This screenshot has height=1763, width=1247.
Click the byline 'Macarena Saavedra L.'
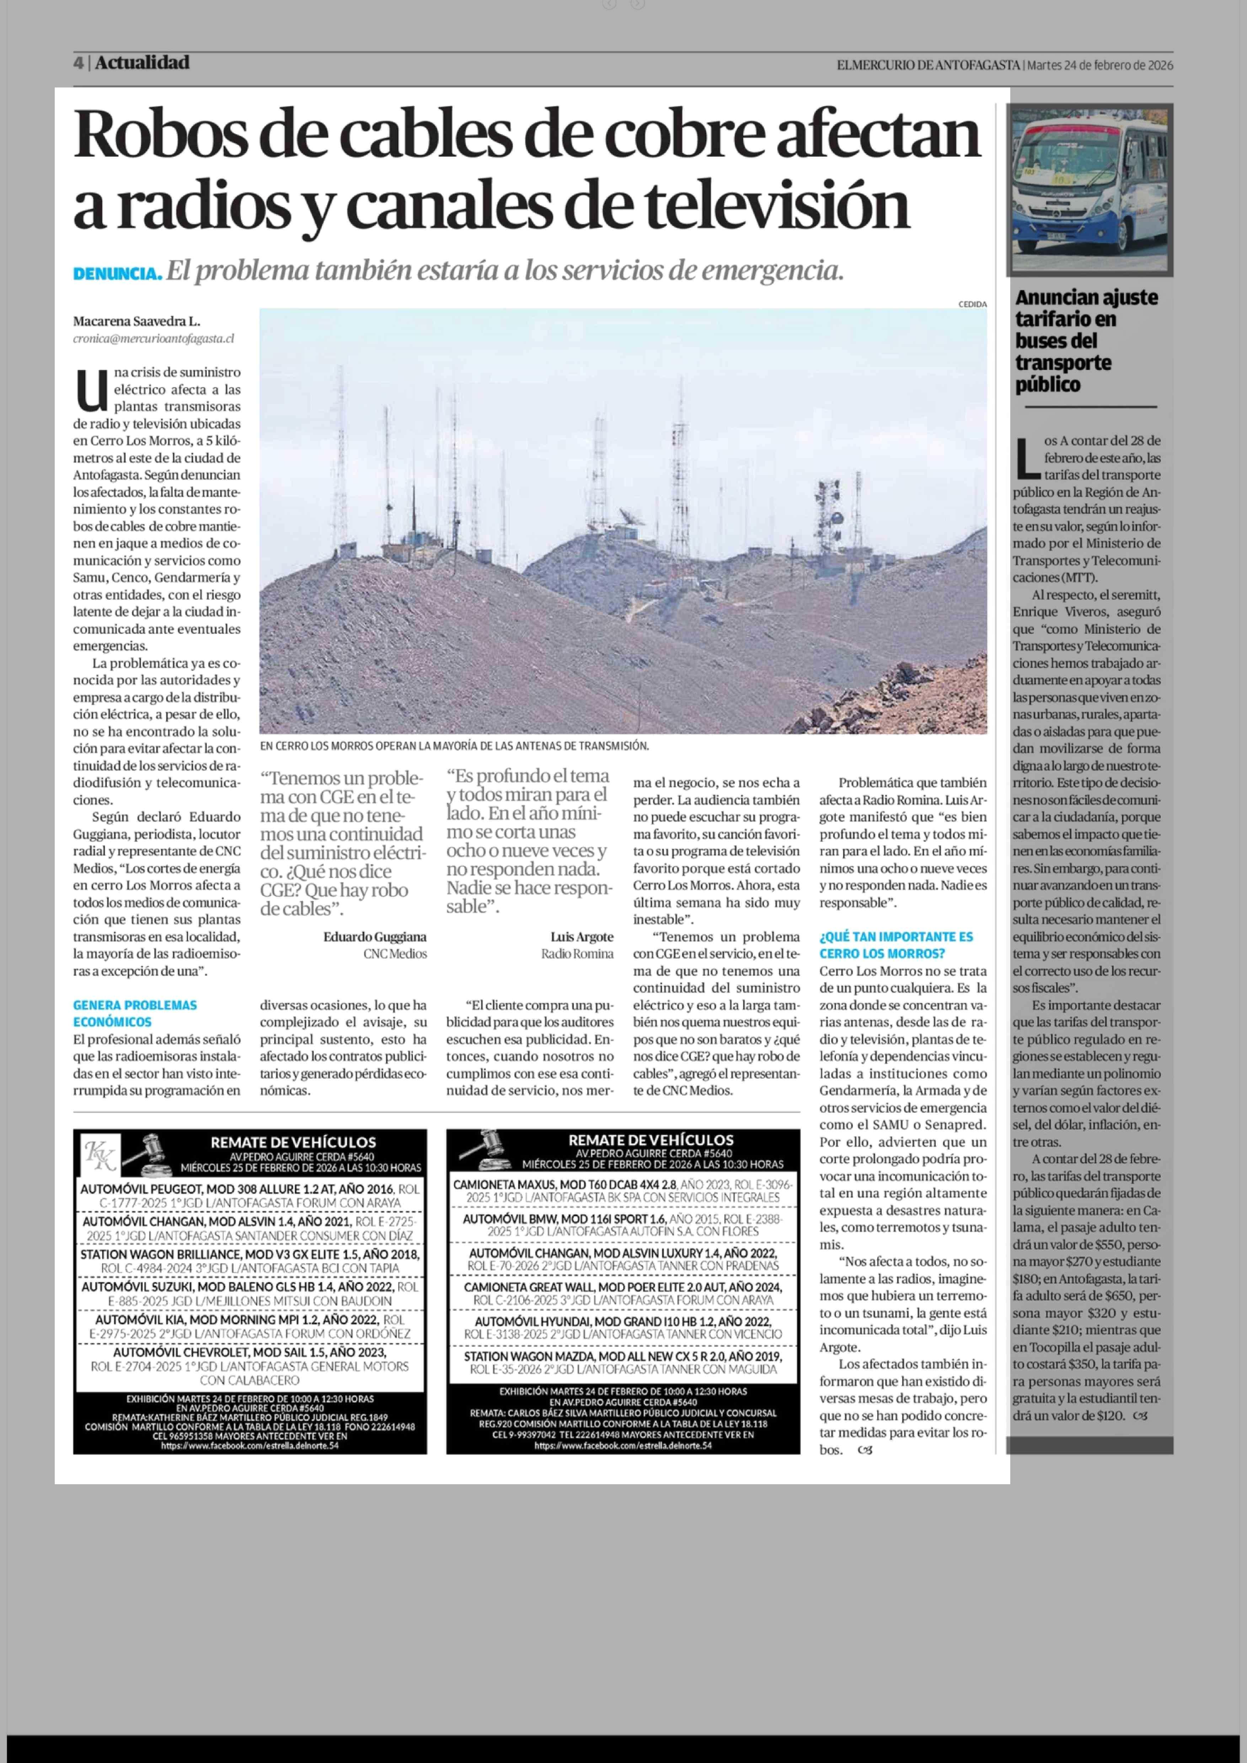tap(137, 321)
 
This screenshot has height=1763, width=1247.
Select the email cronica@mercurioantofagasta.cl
tap(154, 338)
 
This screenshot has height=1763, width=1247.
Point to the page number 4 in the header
tap(78, 63)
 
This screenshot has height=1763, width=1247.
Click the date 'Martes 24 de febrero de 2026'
tap(1099, 65)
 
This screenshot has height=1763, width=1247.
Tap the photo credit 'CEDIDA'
tap(972, 304)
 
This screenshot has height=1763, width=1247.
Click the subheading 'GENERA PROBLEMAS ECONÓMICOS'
tap(135, 1013)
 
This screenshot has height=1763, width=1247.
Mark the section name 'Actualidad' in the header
tap(142, 63)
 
